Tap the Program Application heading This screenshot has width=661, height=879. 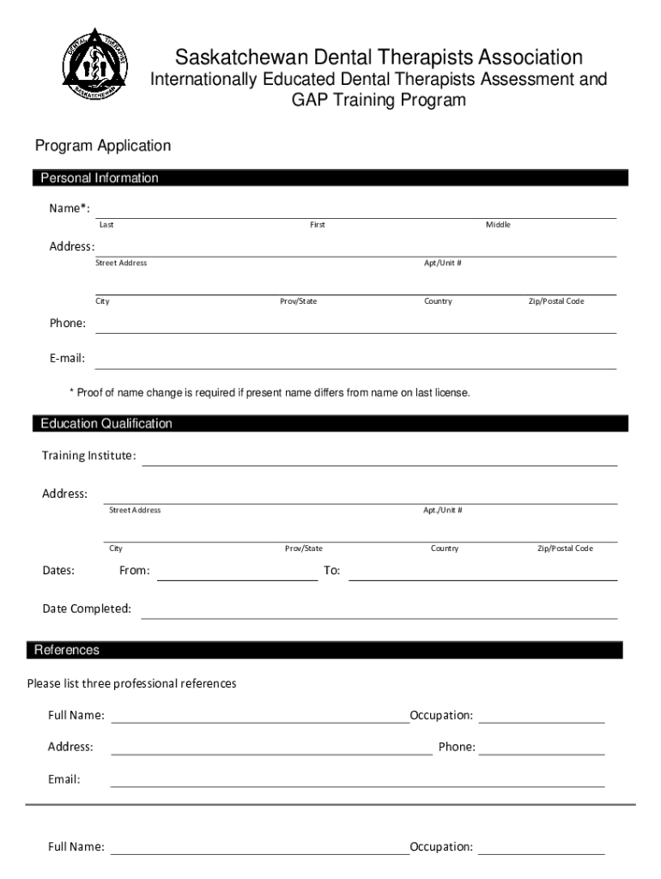coord(103,146)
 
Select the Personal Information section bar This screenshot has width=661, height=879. coord(330,179)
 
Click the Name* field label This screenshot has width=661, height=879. coord(69,209)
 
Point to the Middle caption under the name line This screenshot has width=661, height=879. coord(498,225)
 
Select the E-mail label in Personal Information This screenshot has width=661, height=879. coord(66,359)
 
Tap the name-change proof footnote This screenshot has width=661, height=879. coord(270,393)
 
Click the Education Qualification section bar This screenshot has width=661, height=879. coord(330,424)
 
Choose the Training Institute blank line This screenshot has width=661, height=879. coord(379,459)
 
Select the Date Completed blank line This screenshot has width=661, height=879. coord(379,612)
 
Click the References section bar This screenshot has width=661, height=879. coord(326,651)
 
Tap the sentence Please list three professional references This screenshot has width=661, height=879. coord(131,684)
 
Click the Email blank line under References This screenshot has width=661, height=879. coord(357,781)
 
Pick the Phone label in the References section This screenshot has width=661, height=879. coord(457,747)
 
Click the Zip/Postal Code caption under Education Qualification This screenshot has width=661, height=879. coord(565,549)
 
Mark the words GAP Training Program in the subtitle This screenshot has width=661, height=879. coord(379,100)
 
